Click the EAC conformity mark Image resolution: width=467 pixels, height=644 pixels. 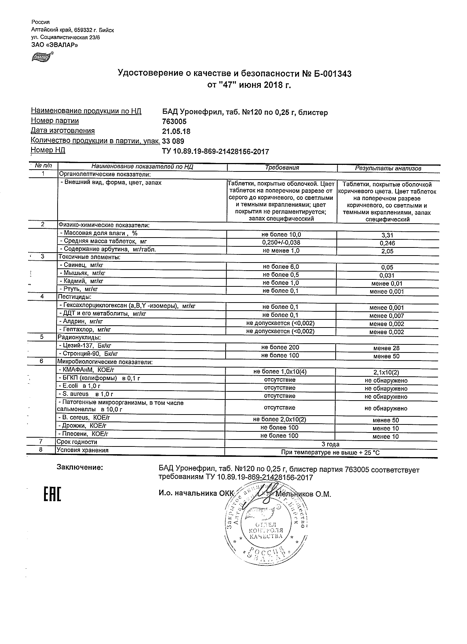pos(52,494)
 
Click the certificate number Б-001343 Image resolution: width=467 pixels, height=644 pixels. pos(332,74)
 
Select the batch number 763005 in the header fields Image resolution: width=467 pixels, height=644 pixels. pos(174,122)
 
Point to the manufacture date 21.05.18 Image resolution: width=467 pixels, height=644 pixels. pos(176,131)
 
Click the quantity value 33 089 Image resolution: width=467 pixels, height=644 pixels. pos(173,141)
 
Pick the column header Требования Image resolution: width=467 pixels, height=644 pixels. pos(282,168)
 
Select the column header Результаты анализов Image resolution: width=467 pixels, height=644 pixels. pos(388,169)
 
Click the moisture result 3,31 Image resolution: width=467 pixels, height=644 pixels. pos(387,235)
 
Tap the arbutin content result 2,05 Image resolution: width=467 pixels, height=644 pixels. pos(387,252)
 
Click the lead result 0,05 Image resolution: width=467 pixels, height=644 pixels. pos(387,268)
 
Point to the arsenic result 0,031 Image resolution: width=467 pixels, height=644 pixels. pos(387,276)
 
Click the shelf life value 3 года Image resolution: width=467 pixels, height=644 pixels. pos(330,444)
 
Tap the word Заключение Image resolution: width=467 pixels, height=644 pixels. pos(80,467)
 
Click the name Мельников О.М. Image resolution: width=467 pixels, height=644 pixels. pos(303,494)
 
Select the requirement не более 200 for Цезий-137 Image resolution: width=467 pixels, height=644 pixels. pos(280,347)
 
